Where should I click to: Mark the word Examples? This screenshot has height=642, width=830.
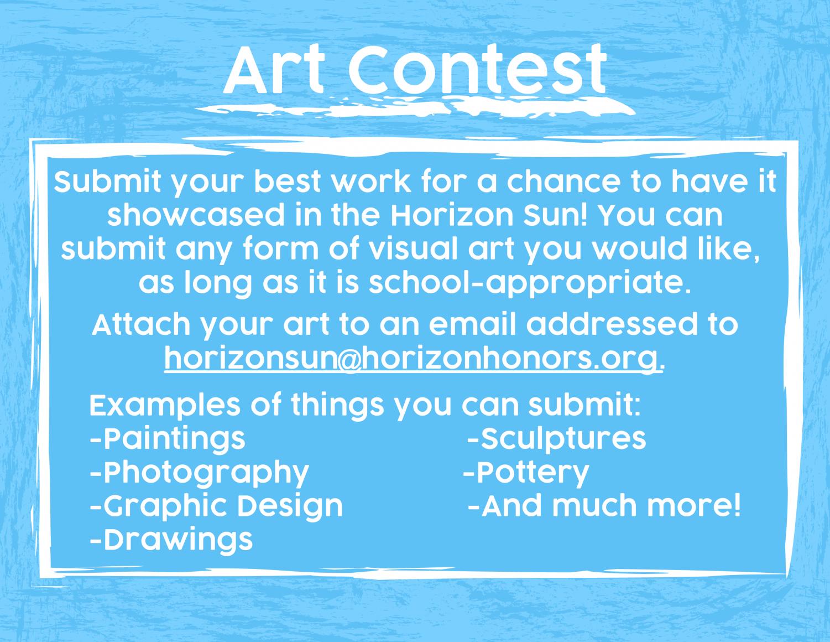point(165,406)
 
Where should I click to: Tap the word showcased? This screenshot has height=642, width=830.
point(196,216)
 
